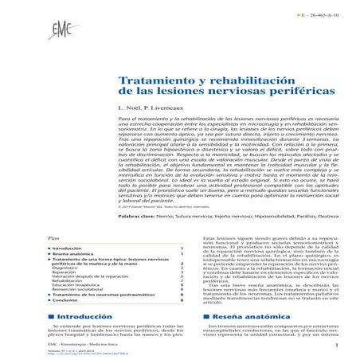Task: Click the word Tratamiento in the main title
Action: tap(151, 83)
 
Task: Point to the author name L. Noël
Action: tap(127, 108)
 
